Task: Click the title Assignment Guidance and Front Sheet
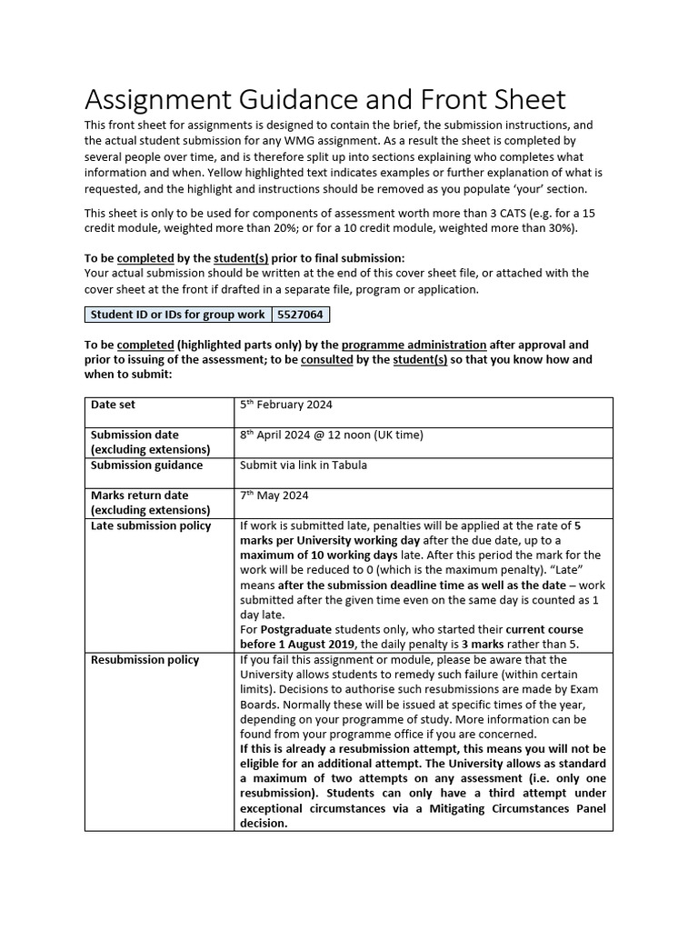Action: tap(324, 99)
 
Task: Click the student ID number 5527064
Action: tap(300, 315)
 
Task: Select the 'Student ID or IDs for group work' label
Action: tap(177, 315)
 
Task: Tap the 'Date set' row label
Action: tap(113, 405)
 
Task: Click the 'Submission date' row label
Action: tap(135, 435)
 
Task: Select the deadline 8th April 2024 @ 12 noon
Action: tap(331, 435)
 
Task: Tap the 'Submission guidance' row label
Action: tap(146, 465)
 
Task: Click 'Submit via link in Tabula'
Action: tap(303, 465)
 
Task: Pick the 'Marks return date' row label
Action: tap(139, 496)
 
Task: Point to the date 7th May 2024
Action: tap(274, 496)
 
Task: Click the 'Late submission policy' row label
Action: tap(150, 526)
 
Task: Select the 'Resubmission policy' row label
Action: tap(145, 659)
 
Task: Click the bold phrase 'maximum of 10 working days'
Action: tap(318, 555)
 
